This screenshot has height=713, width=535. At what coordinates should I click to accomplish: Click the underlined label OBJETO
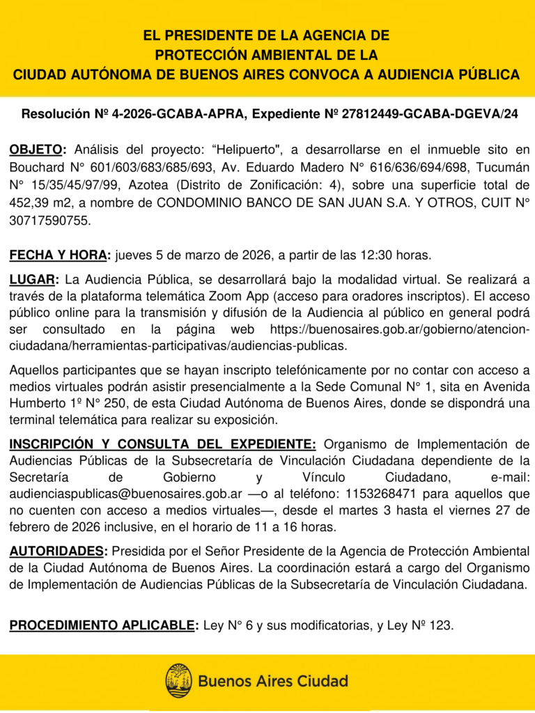click(37, 149)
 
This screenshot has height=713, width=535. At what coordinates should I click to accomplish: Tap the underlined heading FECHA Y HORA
click(59, 255)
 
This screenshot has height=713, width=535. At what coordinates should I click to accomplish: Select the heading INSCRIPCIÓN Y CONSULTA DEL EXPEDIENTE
click(162, 444)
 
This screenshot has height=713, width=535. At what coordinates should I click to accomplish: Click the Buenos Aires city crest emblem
click(178, 680)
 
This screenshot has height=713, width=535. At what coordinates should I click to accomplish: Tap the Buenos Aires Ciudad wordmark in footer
click(273, 681)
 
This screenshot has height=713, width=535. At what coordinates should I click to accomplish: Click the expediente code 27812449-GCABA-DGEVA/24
click(430, 113)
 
